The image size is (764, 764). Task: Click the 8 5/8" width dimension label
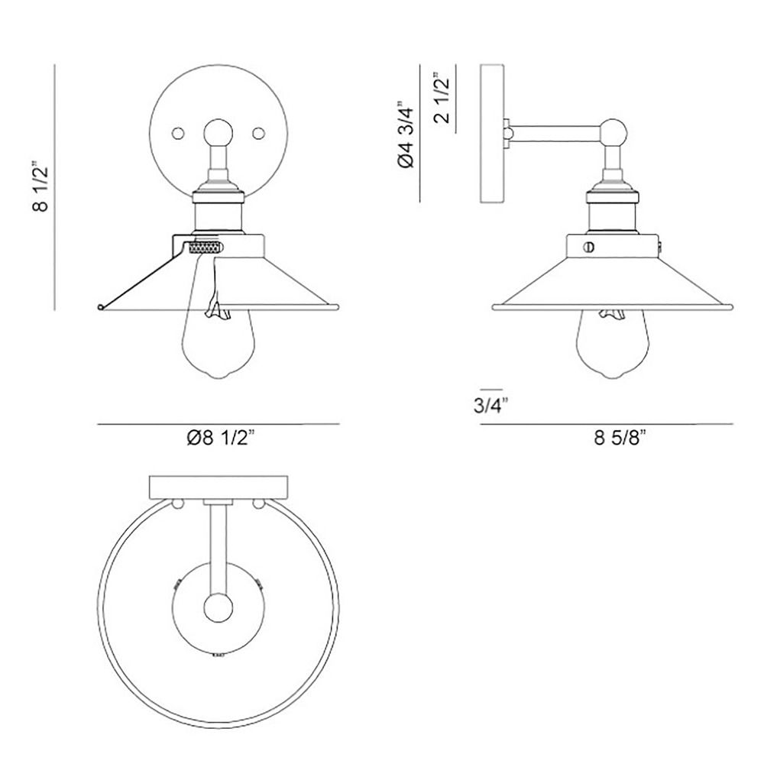click(x=620, y=438)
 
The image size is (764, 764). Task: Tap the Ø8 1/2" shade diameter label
click(x=221, y=438)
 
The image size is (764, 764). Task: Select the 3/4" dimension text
click(x=490, y=406)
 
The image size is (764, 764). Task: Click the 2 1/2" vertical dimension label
click(x=441, y=98)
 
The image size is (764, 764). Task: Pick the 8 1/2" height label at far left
click(x=40, y=187)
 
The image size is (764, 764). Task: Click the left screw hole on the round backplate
click(x=178, y=132)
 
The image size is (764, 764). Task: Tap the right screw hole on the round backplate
click(x=258, y=132)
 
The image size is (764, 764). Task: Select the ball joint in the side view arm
click(x=613, y=133)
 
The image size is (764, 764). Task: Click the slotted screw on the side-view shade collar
click(x=589, y=247)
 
